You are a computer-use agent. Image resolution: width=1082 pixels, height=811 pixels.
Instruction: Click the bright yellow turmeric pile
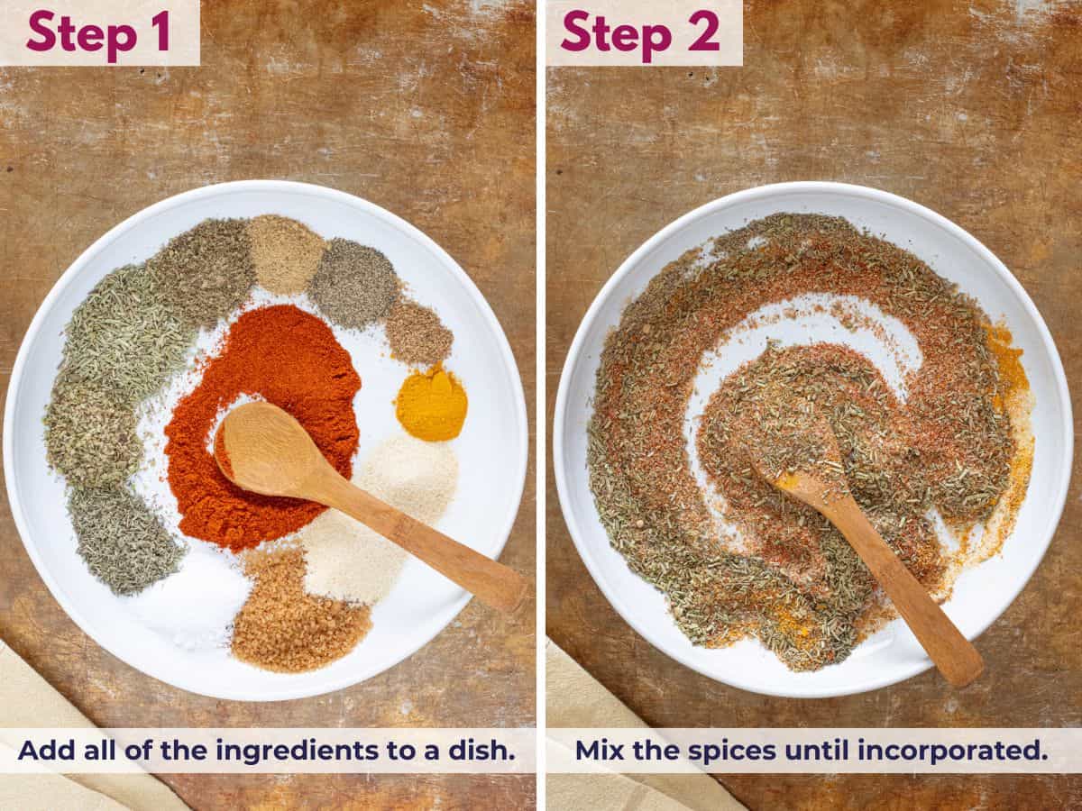pos(431,405)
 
